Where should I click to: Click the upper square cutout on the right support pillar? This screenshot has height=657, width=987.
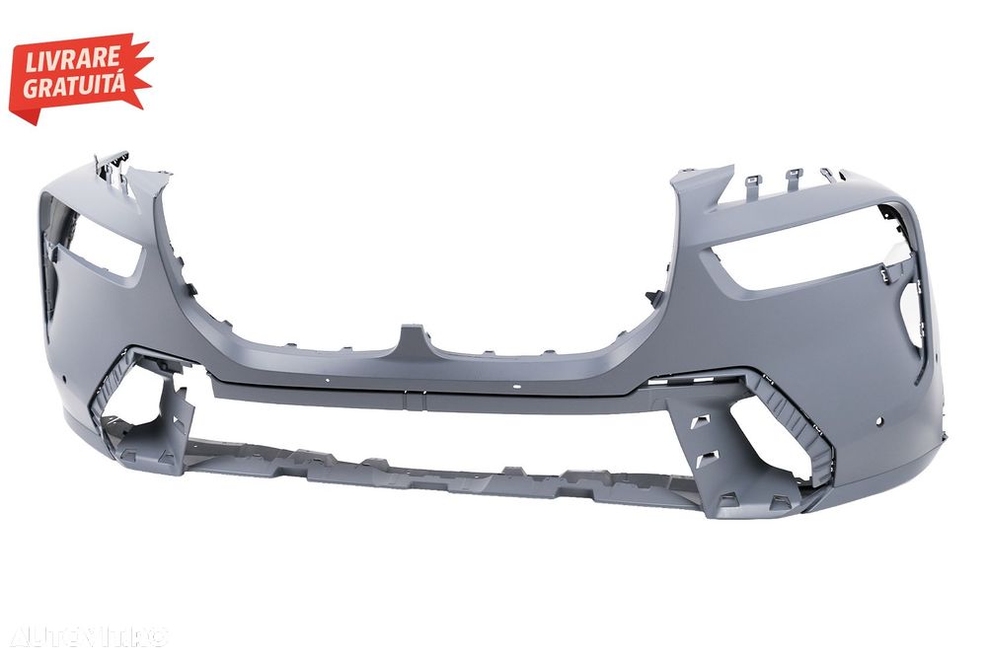point(700,422)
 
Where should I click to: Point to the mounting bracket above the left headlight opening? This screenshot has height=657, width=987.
point(111,169)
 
